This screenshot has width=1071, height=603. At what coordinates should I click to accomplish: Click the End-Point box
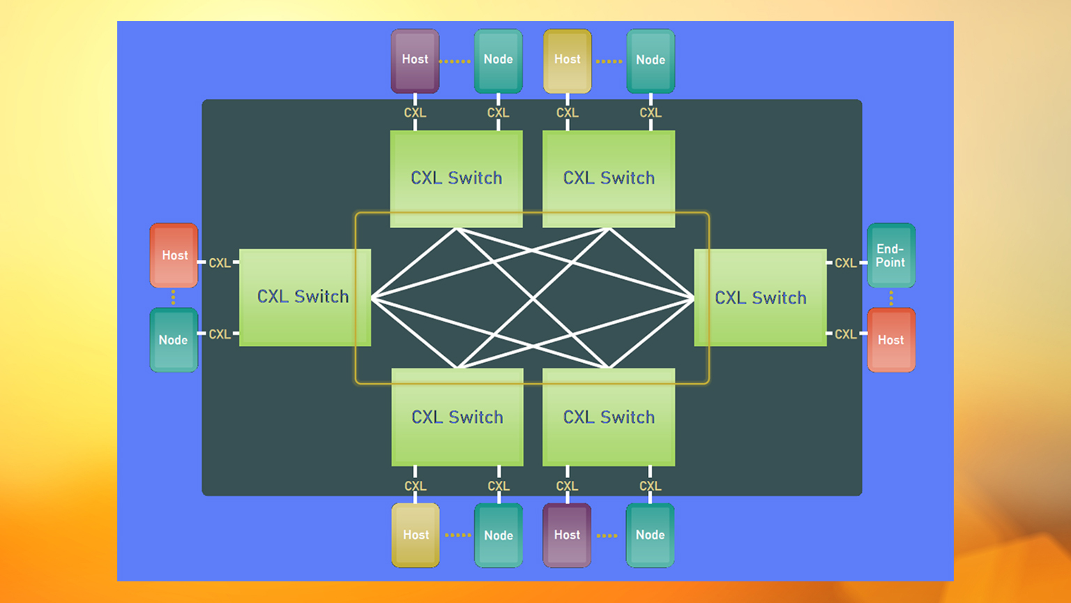point(891,255)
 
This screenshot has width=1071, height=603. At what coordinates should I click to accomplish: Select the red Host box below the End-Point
point(891,340)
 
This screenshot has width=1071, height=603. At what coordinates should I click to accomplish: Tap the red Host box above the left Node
point(174,255)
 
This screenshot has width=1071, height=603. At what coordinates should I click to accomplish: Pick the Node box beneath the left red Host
point(174,340)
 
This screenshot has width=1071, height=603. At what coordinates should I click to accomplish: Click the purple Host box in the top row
point(415,61)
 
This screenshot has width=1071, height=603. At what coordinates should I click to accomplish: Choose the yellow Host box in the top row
point(568,61)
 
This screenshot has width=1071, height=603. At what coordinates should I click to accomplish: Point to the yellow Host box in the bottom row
point(416,535)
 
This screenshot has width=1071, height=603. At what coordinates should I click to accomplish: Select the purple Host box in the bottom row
point(567,535)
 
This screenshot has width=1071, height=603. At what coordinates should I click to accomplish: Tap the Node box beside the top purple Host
point(499,61)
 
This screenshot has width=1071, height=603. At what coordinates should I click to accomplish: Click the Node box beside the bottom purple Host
point(650,535)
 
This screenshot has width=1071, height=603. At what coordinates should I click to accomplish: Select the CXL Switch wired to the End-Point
point(761,297)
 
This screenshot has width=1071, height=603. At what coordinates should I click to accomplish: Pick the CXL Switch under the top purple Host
point(457,178)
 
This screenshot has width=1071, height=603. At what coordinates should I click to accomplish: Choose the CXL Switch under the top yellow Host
point(609,178)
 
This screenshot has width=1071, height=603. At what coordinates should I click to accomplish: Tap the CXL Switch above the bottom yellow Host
point(457,417)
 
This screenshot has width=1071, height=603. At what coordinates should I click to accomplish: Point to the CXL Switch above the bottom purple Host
point(609,417)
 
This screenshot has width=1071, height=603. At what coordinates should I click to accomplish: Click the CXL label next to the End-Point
point(846,263)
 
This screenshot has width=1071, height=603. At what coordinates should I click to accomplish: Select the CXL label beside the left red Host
point(220,263)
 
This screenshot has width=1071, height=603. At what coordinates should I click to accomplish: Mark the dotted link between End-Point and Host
point(891,298)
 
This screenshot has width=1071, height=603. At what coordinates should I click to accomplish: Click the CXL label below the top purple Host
point(415,112)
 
